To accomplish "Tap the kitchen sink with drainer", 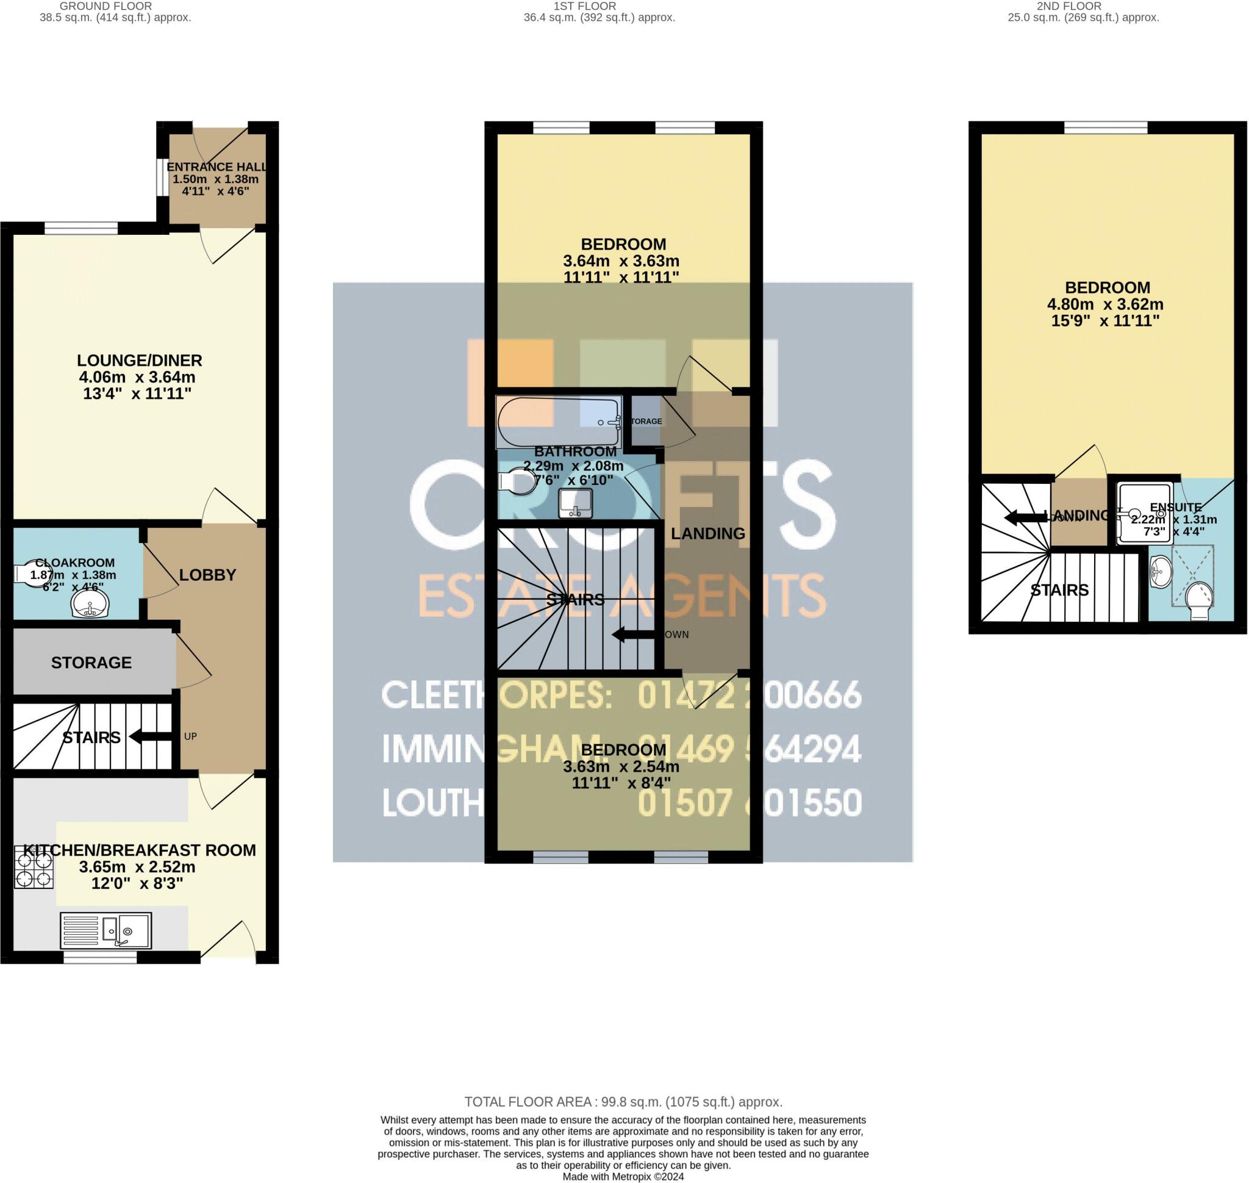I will tap(106, 931).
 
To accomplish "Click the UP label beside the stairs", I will tap(190, 736).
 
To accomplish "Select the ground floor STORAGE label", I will tap(91, 663).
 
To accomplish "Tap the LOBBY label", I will tap(207, 575).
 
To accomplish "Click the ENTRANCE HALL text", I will tap(217, 167).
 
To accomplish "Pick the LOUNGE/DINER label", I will tap(139, 361).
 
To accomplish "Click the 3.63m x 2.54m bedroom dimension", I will tap(621, 767).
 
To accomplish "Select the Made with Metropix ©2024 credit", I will tap(623, 1177).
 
